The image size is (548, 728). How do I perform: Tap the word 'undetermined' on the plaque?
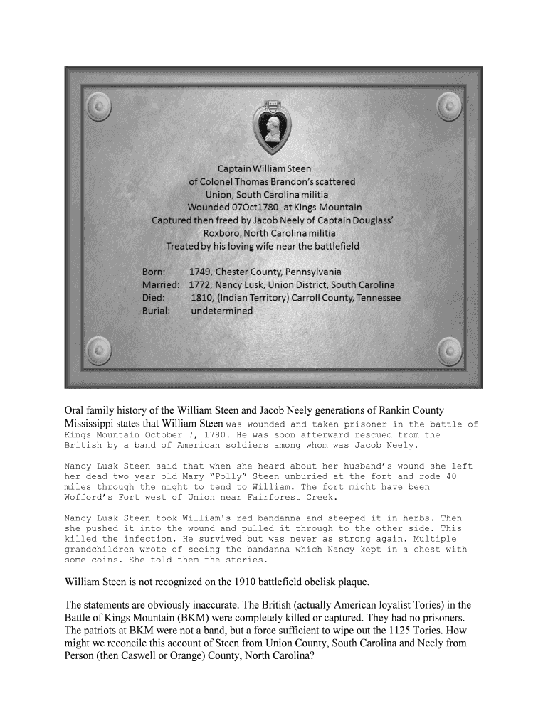pyautogui.click(x=221, y=310)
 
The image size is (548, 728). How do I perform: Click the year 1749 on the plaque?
pyautogui.click(x=200, y=272)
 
